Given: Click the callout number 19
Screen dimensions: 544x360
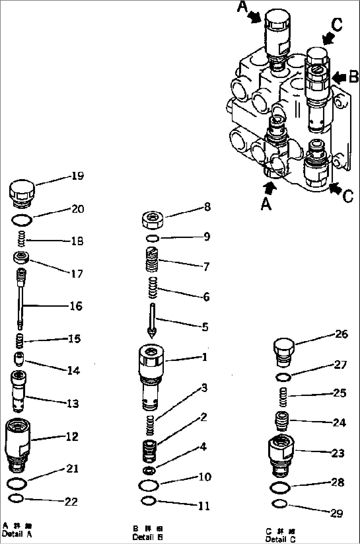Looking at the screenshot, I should tap(77, 176).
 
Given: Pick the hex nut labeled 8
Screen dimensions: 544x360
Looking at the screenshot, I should tap(154, 220).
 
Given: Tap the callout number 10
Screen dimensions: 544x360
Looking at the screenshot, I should tap(205, 477).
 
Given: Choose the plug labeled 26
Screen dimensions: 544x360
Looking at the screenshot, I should tap(284, 352).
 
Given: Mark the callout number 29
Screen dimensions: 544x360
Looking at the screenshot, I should tap(337, 513).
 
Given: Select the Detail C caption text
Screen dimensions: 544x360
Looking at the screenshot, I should tap(281, 539).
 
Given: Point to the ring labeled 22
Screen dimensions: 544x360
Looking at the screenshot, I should tap(16, 498).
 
